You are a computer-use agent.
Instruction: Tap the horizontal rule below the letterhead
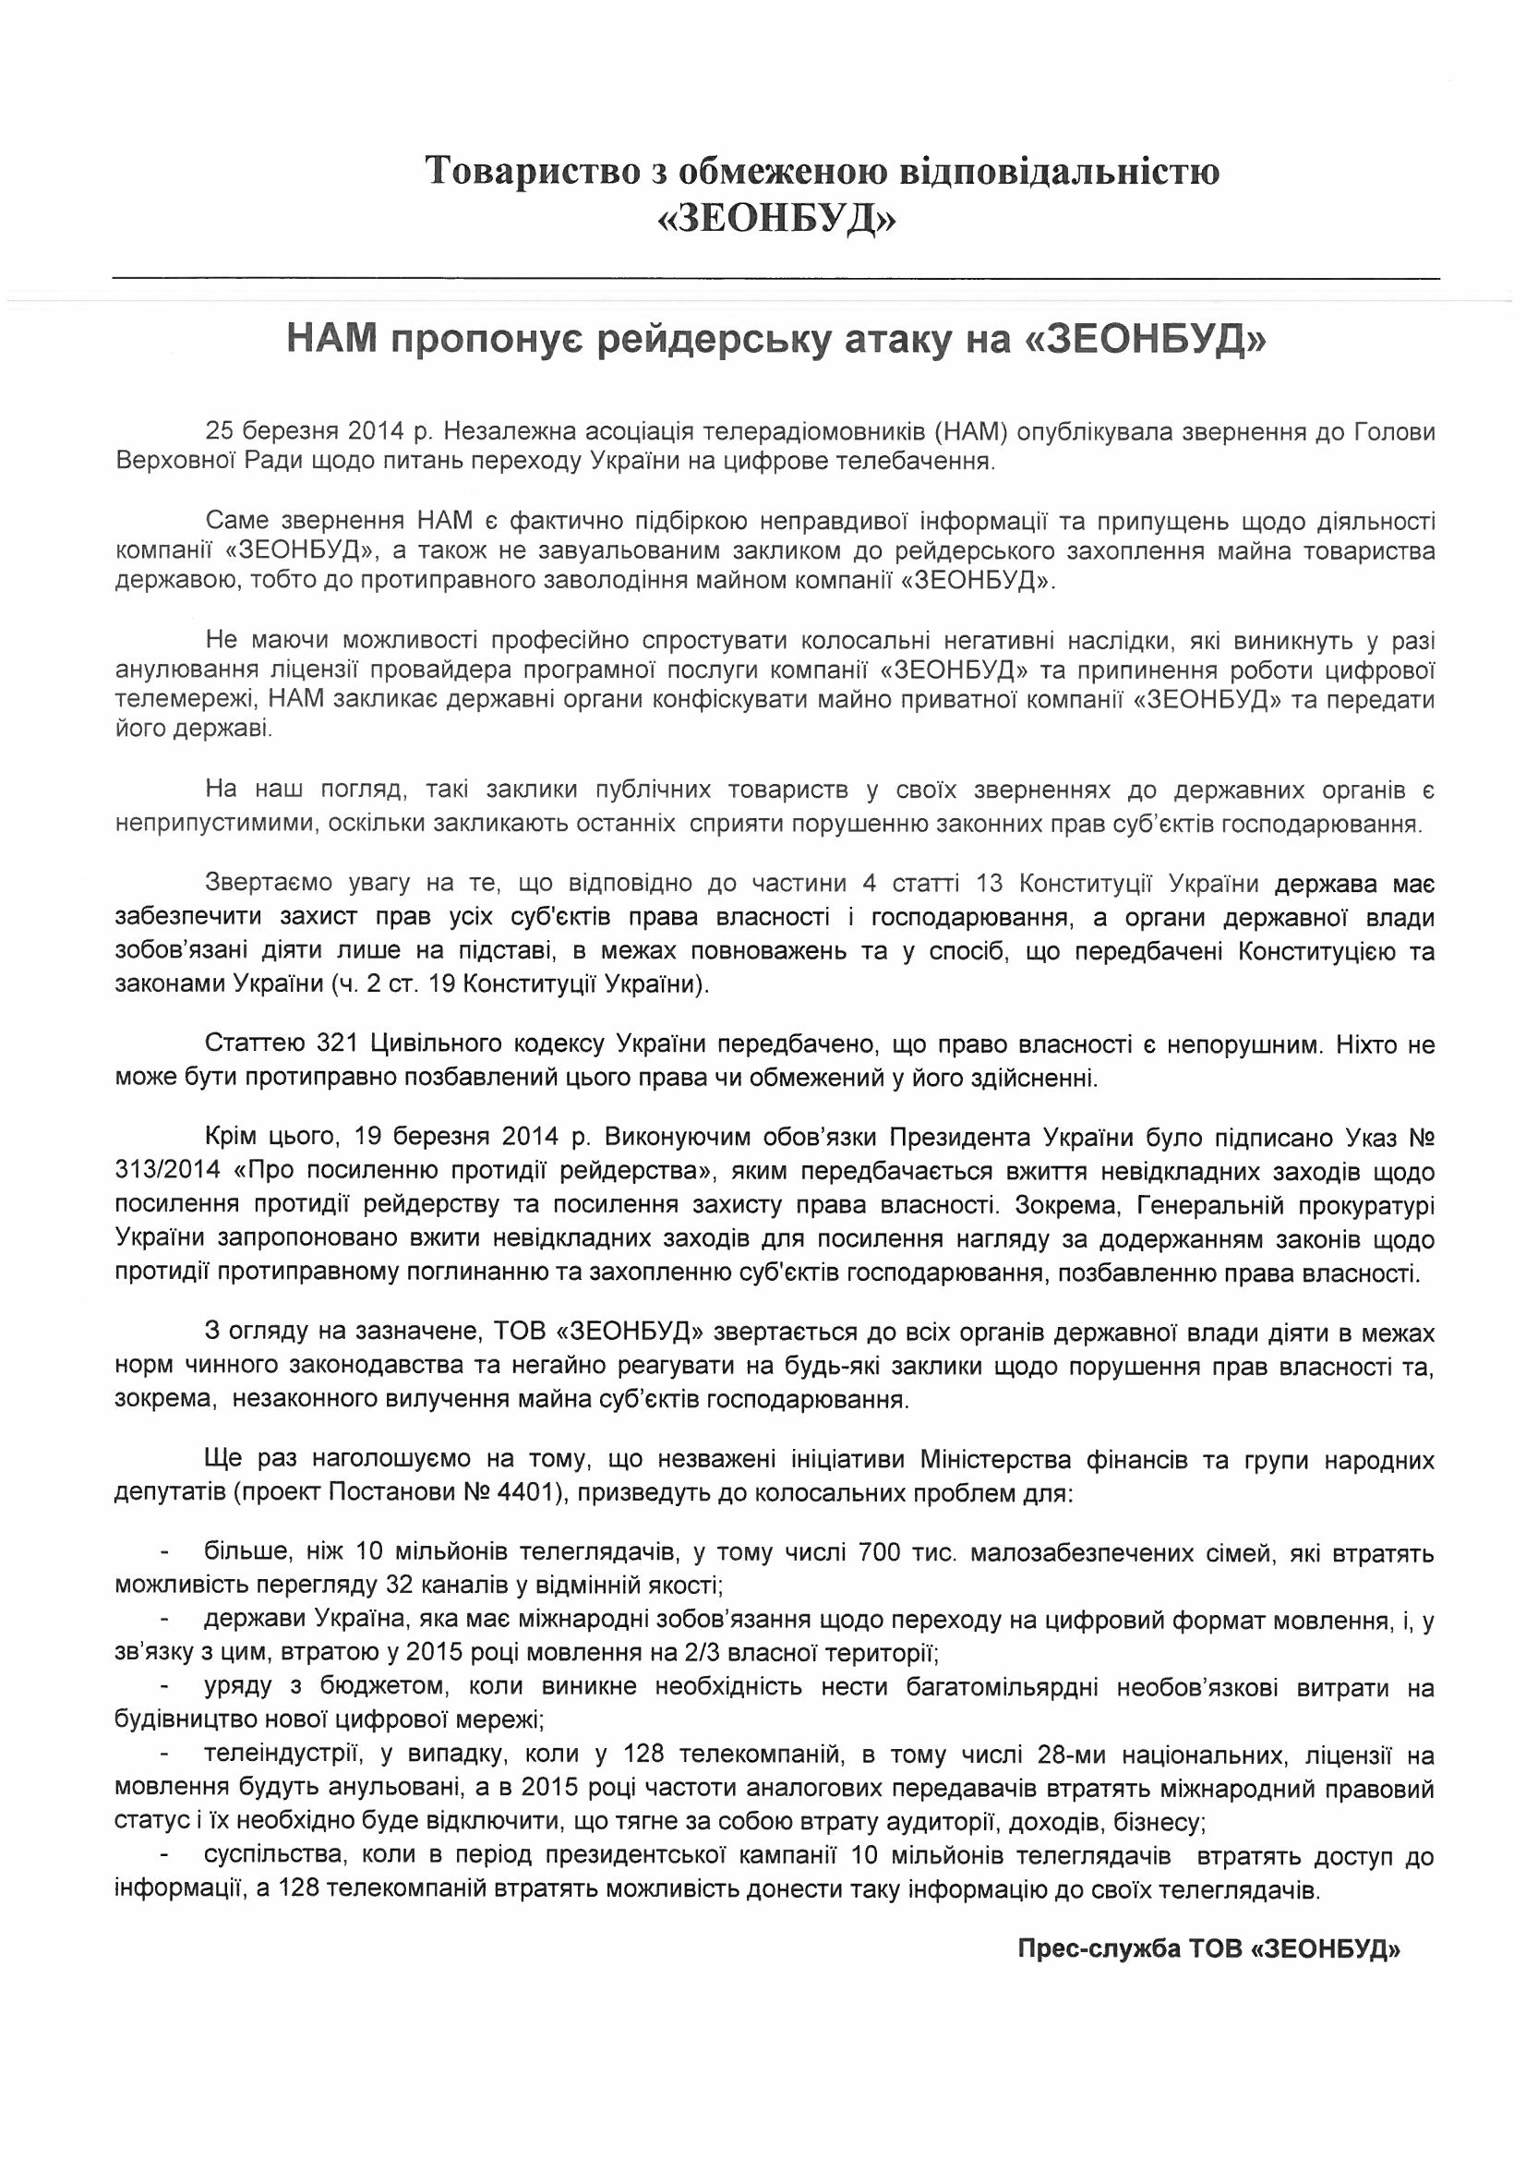click(x=775, y=278)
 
